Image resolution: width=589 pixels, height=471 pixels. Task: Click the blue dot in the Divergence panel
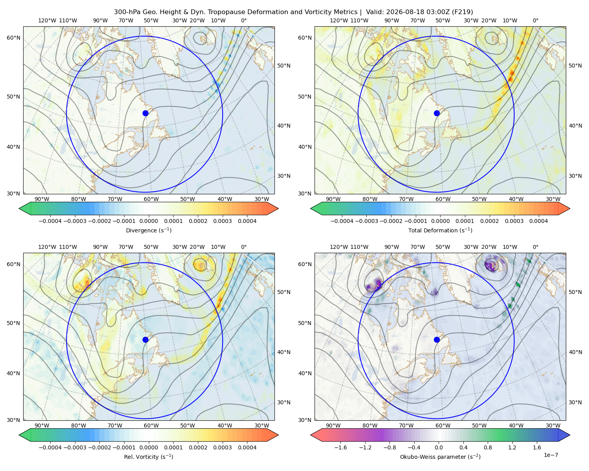click(145, 113)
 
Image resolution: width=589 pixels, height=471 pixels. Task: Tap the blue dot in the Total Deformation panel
click(437, 113)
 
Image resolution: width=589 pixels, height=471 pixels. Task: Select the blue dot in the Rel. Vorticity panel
click(145, 340)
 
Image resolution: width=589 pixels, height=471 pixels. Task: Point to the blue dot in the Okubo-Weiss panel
click(437, 340)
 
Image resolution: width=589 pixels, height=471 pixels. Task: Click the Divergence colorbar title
click(148, 230)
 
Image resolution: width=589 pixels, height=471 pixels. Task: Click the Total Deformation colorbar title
click(440, 230)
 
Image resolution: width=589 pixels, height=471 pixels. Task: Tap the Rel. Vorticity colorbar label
click(148, 457)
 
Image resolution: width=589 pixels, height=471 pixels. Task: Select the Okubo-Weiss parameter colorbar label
click(440, 457)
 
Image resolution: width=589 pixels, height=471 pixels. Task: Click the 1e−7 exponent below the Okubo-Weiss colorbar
click(551, 455)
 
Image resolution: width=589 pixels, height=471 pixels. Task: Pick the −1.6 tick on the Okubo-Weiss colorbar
click(340, 447)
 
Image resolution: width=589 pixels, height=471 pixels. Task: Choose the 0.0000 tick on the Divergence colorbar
click(148, 221)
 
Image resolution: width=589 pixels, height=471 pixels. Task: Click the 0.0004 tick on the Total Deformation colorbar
click(538, 221)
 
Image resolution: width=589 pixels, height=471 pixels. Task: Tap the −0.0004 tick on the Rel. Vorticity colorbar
click(50, 447)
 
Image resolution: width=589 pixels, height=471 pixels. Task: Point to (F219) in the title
click(462, 12)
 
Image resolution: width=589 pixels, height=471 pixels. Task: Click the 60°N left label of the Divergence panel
click(13, 38)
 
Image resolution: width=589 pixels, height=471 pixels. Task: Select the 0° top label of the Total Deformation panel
click(536, 20)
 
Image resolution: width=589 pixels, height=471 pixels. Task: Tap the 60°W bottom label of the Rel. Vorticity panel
click(151, 425)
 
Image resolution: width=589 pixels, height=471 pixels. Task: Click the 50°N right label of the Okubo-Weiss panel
click(575, 292)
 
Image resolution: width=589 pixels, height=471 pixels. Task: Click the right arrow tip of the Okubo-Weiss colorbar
click(570, 435)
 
